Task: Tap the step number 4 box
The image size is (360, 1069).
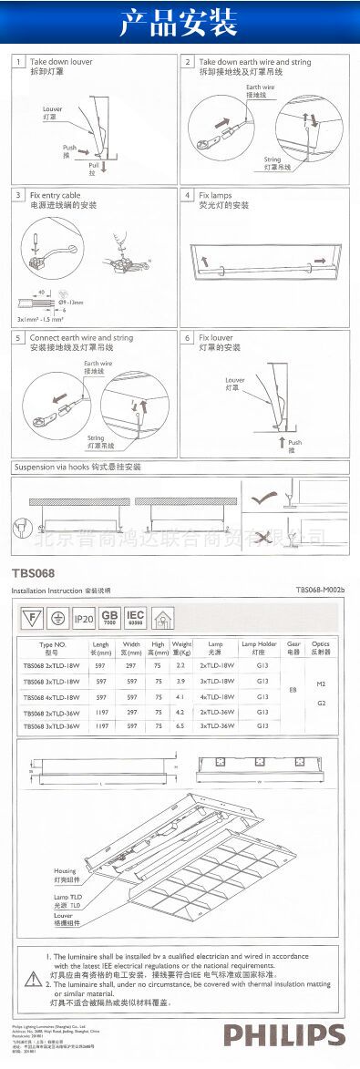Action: pyautogui.click(x=187, y=195)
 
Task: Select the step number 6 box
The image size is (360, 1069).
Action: pyautogui.click(x=187, y=337)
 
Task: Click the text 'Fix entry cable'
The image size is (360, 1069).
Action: pyautogui.click(x=55, y=195)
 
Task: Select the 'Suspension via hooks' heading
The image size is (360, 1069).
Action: pyautogui.click(x=77, y=467)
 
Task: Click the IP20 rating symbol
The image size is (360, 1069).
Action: pyautogui.click(x=84, y=620)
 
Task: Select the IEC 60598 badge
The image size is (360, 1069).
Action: pyautogui.click(x=135, y=620)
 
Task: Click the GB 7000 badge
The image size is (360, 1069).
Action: pyautogui.click(x=110, y=620)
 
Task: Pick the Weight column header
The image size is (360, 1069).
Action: pyautogui.click(x=181, y=649)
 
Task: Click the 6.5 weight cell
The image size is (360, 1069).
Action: pyautogui.click(x=180, y=725)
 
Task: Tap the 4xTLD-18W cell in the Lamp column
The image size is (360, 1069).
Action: pyautogui.click(x=216, y=696)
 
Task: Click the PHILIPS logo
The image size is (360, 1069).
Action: pyautogui.click(x=284, y=1035)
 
